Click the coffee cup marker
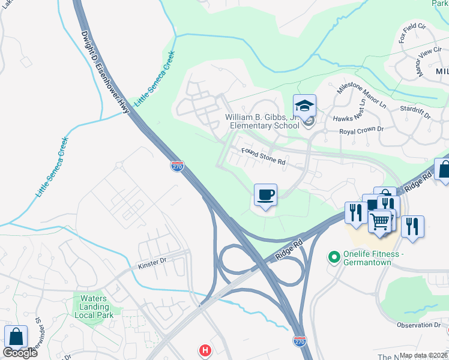pos(265,195)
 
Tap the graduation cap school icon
pos(304,106)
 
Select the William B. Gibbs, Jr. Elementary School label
pos(262,122)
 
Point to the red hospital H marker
pos(205,350)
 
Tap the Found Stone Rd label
pos(263,156)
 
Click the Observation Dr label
pos(419,325)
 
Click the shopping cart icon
pos(380,222)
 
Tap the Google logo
pos(19,353)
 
